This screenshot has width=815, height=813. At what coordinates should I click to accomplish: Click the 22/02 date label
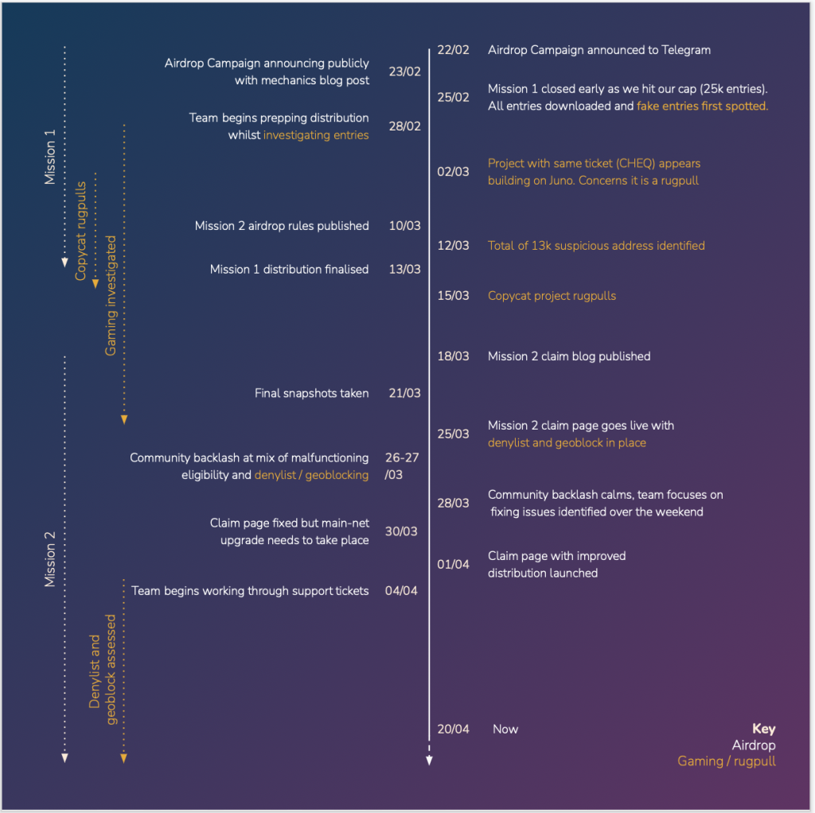[x=453, y=50]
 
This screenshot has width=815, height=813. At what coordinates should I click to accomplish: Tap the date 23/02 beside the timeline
[x=404, y=72]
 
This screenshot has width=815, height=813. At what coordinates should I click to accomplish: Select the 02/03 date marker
[x=453, y=172]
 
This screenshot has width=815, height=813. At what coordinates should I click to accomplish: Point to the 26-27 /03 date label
[x=401, y=466]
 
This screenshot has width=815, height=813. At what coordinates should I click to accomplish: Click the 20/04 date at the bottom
[x=453, y=729]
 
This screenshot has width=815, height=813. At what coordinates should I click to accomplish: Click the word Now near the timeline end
[x=505, y=729]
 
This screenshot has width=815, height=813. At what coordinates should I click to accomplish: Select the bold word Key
[x=763, y=729]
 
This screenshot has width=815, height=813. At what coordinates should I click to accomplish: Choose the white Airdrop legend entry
[x=754, y=745]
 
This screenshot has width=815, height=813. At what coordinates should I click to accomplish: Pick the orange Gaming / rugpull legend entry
[x=726, y=762]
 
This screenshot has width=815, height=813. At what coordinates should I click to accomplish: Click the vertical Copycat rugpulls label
[x=81, y=231]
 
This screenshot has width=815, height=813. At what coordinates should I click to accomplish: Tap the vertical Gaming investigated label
[x=111, y=294]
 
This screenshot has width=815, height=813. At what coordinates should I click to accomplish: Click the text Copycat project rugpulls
[x=552, y=296]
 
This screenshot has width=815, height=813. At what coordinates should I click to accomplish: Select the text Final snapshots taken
[x=311, y=393]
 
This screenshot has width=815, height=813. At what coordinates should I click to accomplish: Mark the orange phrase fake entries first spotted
[x=702, y=106]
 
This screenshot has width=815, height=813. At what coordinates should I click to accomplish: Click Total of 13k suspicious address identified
[x=596, y=246]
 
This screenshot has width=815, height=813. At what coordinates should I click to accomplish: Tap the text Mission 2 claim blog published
[x=569, y=356]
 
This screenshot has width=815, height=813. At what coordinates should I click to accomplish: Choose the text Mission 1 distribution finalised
[x=289, y=270]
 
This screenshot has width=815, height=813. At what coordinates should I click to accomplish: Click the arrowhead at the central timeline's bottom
[x=429, y=760]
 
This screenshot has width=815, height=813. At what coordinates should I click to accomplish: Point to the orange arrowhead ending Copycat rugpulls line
[x=96, y=283]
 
